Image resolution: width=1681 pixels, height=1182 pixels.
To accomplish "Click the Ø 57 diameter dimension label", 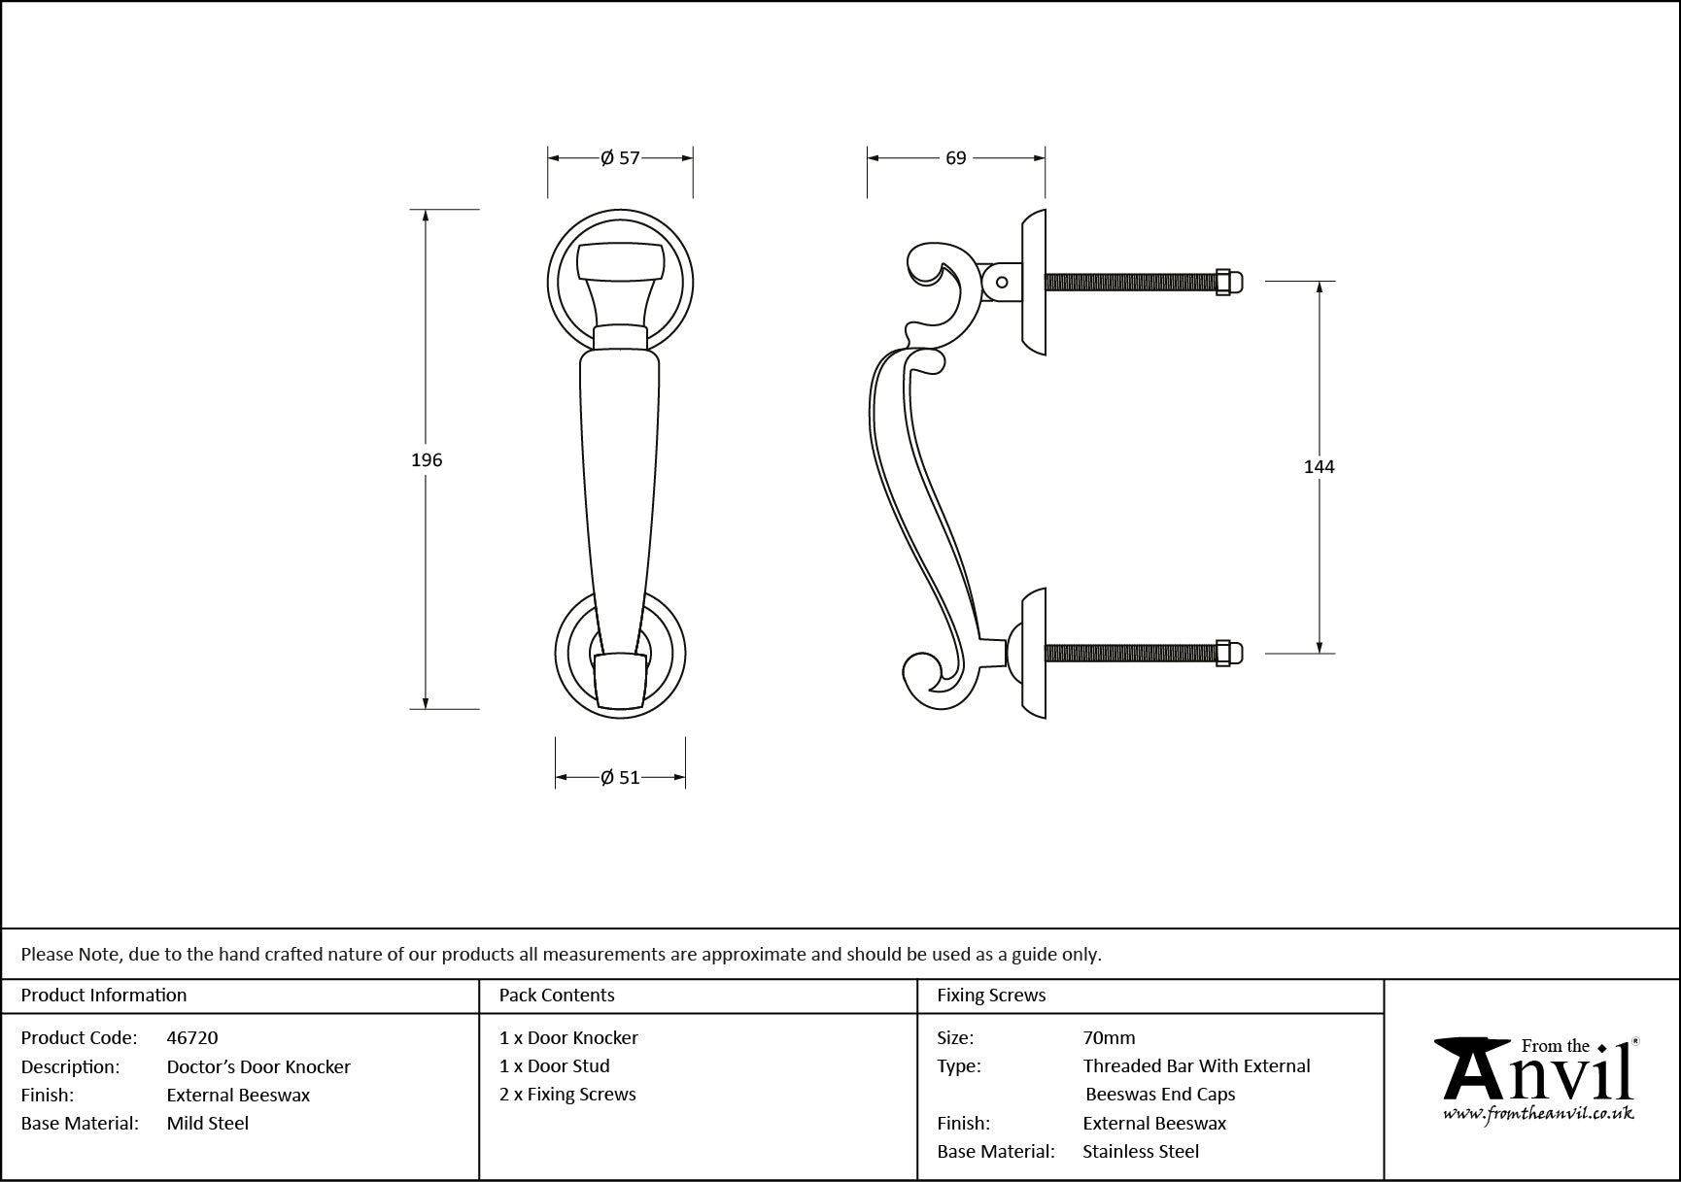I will click(620, 157).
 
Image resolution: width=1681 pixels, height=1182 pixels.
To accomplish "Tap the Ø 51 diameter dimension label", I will click(620, 777).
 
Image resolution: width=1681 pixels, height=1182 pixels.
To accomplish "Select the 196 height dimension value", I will click(427, 460).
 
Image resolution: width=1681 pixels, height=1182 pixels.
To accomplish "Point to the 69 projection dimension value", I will click(956, 157).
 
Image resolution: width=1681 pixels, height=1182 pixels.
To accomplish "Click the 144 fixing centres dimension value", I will click(1319, 467).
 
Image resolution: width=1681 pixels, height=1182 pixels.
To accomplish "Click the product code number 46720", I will click(192, 1037).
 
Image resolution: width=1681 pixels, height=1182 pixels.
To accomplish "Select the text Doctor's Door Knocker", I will click(258, 1066).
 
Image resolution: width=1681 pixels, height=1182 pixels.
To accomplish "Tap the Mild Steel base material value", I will click(208, 1123).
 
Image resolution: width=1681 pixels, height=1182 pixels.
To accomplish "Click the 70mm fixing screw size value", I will click(1109, 1037).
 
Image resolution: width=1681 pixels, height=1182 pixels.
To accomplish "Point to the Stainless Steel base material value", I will click(1141, 1151).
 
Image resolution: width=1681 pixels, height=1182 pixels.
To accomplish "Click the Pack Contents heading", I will click(557, 995).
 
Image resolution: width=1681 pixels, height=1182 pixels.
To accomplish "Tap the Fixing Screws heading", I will click(991, 995).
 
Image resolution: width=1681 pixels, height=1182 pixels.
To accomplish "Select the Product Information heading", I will click(104, 995).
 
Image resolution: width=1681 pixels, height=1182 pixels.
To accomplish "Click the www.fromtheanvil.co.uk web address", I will click(1538, 1114).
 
